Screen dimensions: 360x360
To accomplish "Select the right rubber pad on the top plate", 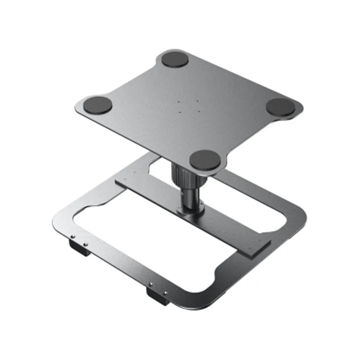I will coord(281,106).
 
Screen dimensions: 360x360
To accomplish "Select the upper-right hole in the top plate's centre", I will coord(197,101).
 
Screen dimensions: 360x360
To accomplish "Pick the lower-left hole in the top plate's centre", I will coord(180,112).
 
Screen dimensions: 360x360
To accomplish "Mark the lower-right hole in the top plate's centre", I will coord(199,111).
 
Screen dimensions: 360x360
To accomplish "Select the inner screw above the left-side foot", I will coord(85,244).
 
